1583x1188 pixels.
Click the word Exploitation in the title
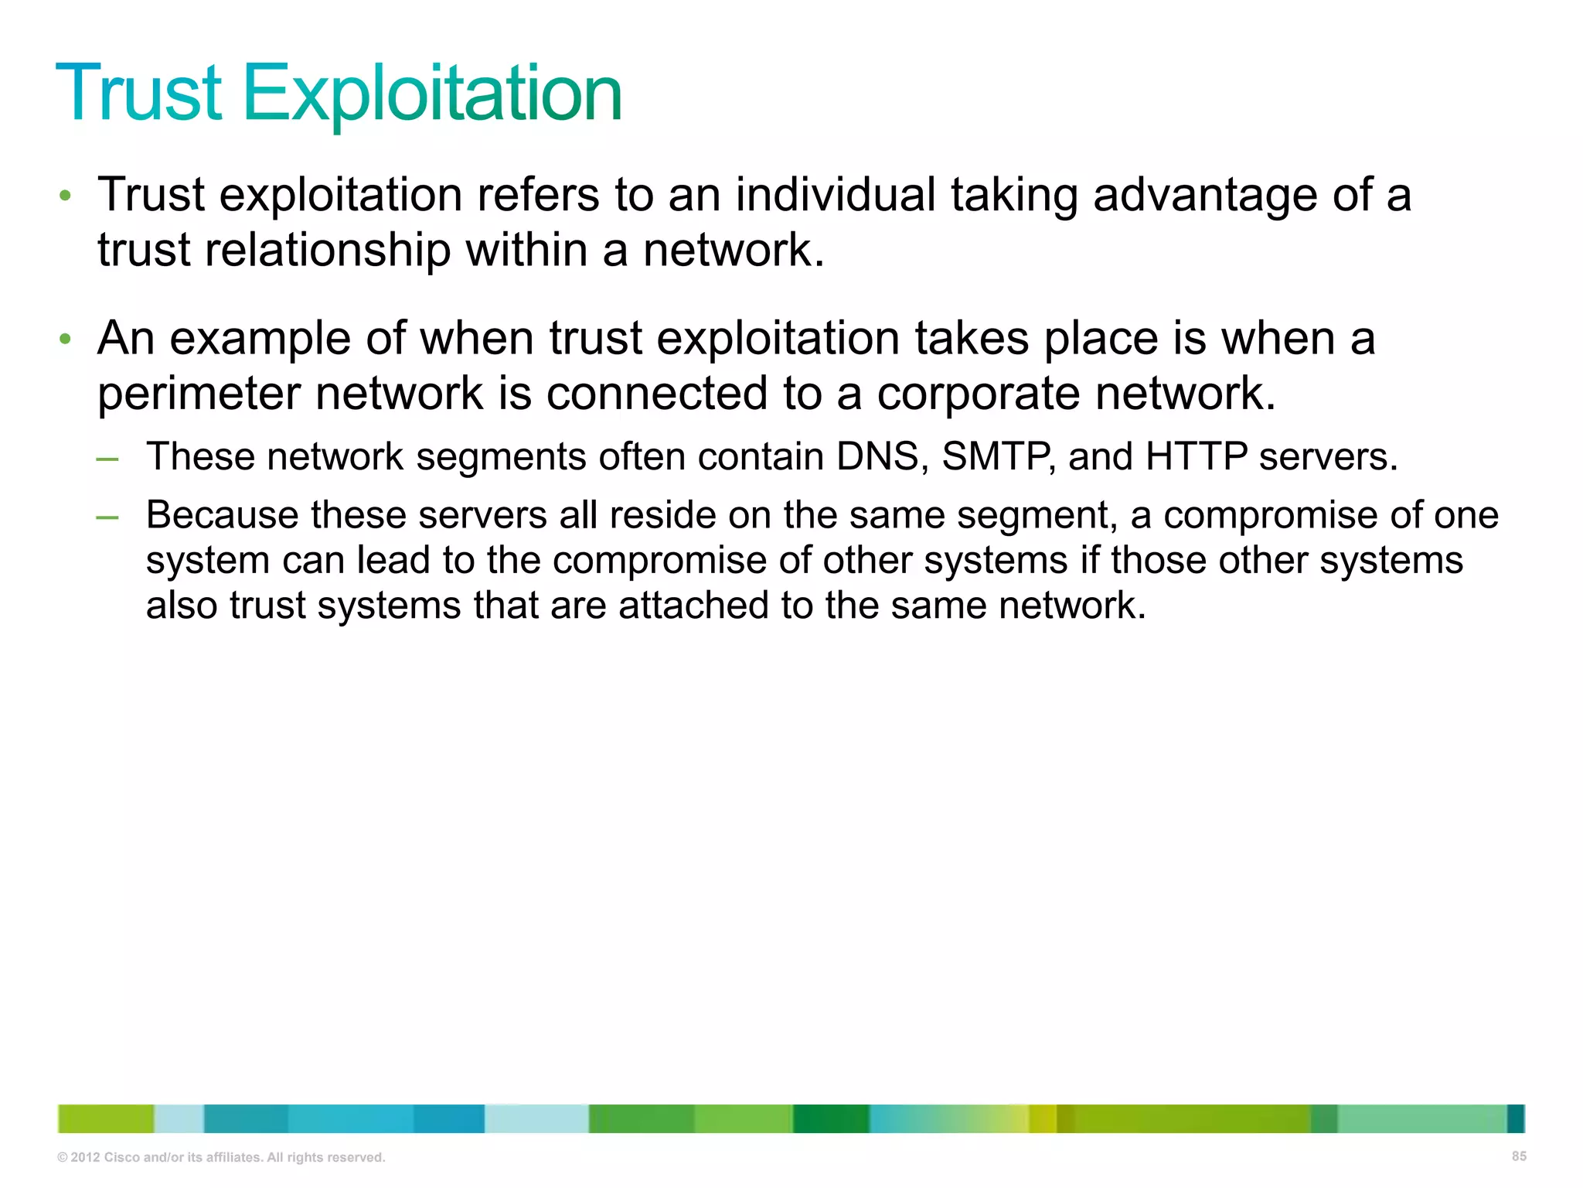(433, 94)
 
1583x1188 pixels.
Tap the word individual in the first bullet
(835, 194)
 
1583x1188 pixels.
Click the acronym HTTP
(1197, 456)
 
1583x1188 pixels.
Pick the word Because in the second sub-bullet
(222, 515)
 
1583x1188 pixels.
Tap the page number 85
(1519, 1156)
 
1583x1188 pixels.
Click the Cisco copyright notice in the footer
(221, 1157)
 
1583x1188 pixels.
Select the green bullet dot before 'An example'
(66, 340)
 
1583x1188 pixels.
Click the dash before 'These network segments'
(107, 459)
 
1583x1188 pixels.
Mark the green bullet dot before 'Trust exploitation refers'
(66, 196)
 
